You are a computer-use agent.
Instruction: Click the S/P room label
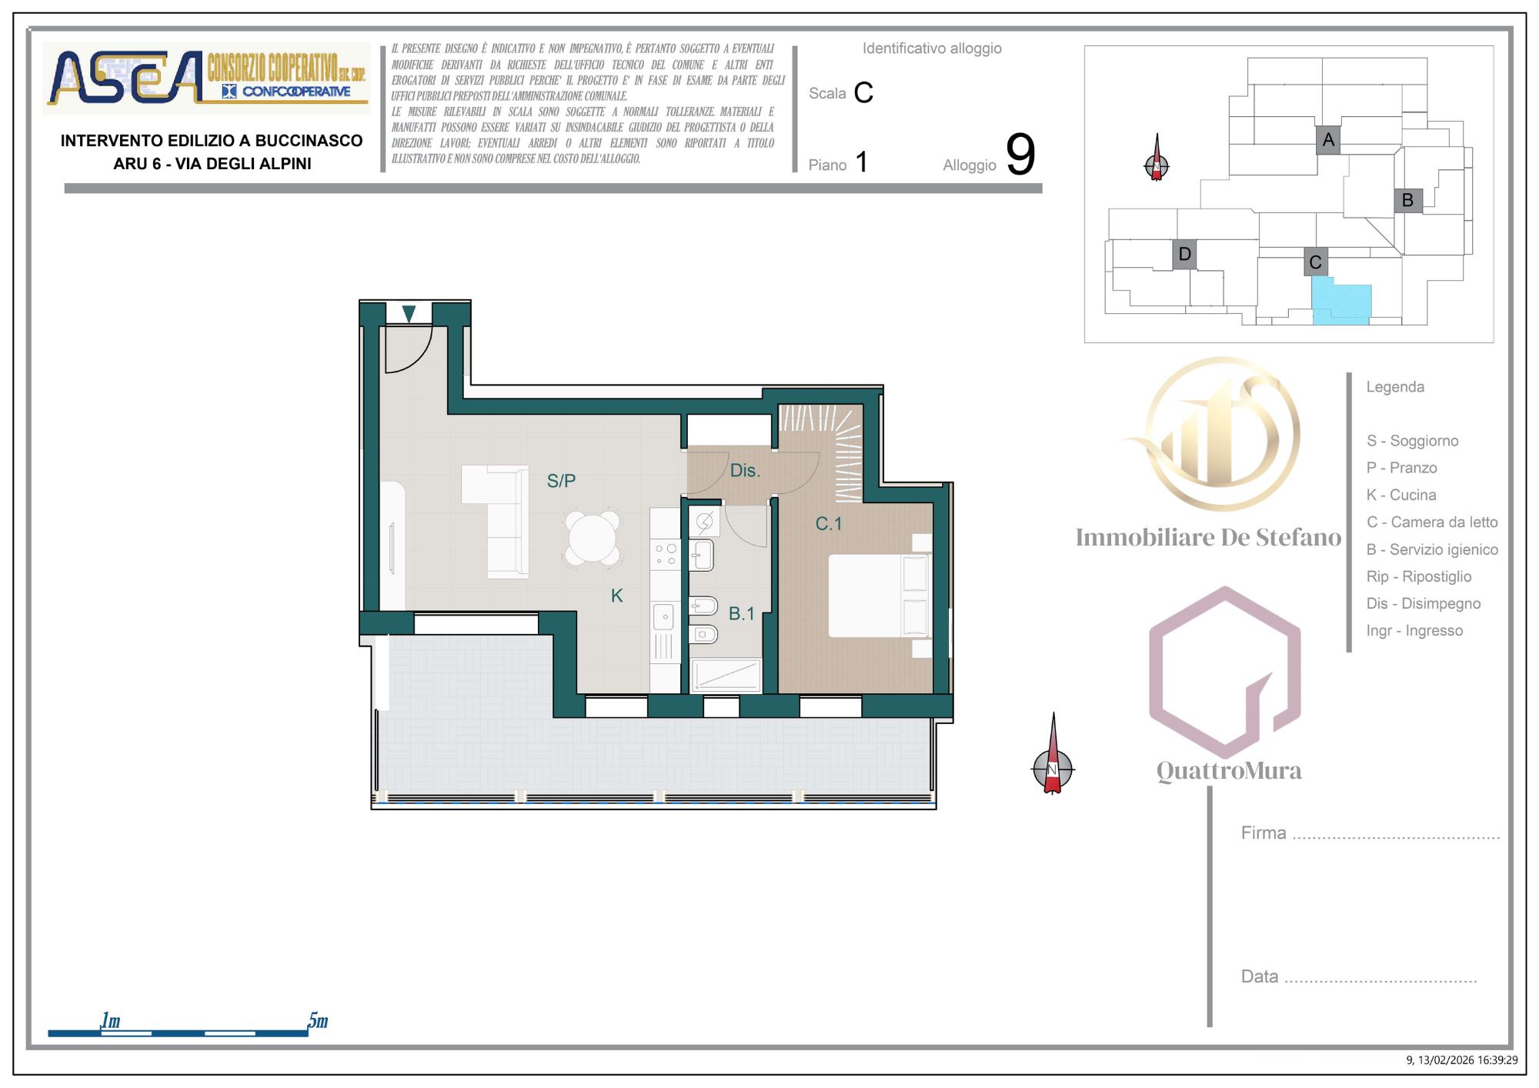561,481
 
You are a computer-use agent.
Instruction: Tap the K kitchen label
616,596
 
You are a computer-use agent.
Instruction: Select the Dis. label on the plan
745,470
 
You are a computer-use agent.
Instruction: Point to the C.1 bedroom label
829,524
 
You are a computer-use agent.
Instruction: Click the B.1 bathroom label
742,613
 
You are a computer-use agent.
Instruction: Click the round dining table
592,538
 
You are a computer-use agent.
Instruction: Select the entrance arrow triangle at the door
409,313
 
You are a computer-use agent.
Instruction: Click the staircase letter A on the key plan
1328,140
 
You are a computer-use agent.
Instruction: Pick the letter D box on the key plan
1185,254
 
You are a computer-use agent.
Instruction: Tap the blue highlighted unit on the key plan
1340,302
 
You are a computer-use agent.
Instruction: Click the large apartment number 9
1020,154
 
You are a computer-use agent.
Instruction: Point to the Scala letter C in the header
863,92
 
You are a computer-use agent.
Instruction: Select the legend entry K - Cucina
1401,495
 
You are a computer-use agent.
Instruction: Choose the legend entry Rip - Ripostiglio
1419,576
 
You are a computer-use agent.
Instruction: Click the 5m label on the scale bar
318,1020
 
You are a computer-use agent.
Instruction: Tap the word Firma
1264,833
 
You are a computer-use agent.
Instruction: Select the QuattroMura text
1229,770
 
